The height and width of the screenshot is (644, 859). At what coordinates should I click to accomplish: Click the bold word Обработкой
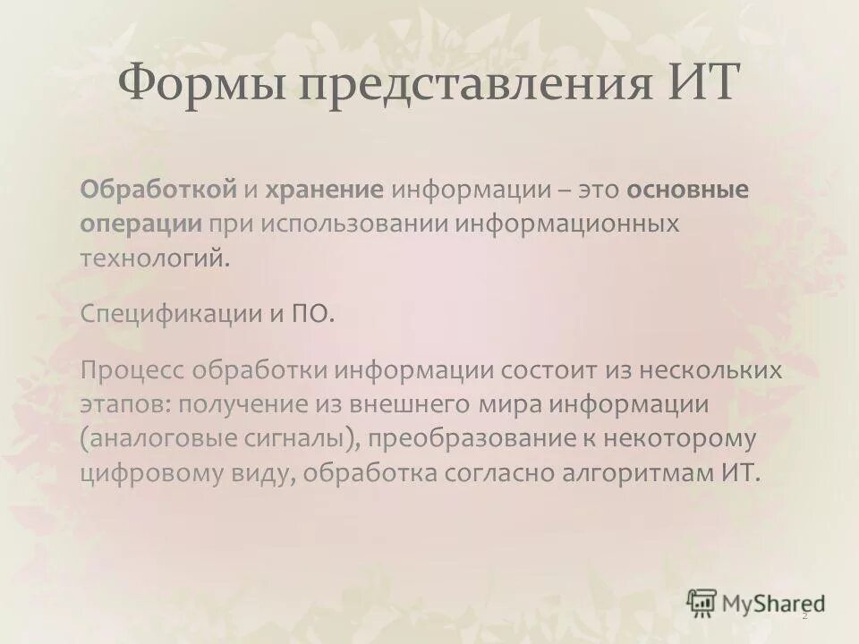pyautogui.click(x=159, y=190)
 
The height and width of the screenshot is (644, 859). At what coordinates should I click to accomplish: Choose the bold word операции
pyautogui.click(x=141, y=225)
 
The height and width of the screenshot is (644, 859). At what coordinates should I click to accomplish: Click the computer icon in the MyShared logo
pyautogui.click(x=702, y=602)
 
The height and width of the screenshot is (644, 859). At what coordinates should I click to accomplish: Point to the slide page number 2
pyautogui.click(x=804, y=615)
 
